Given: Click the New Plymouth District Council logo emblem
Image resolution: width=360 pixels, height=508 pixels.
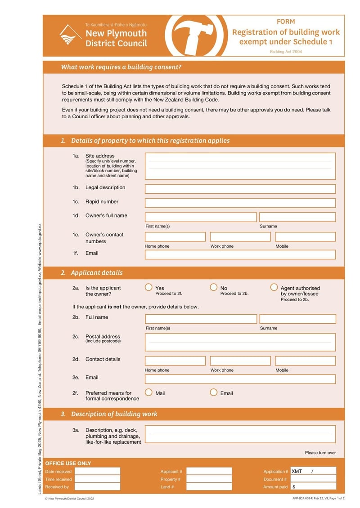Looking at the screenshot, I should pyautogui.click(x=70, y=35).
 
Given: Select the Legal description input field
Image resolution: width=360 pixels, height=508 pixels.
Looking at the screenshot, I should pyautogui.click(x=240, y=189).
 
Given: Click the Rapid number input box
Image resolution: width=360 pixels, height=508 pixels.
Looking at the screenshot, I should pyautogui.click(x=240, y=203).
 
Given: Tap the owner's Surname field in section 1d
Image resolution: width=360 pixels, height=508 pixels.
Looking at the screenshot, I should pyautogui.click(x=297, y=217).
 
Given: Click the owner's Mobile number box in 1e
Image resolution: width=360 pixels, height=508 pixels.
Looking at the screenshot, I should pyautogui.click(x=305, y=237).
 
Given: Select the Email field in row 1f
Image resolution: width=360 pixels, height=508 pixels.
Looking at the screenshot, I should pyautogui.click(x=240, y=254).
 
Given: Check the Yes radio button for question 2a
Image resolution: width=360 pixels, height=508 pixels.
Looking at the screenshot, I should pyautogui.click(x=148, y=287).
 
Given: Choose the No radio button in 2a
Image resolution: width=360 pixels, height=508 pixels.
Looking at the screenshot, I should pyautogui.click(x=214, y=287).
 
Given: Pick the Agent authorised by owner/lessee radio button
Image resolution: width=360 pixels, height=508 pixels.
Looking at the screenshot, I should pyautogui.click(x=274, y=287).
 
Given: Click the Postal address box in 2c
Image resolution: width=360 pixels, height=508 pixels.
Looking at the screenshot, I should pyautogui.click(x=240, y=342).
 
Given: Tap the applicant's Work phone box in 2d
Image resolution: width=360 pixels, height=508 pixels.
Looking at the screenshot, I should pyautogui.click(x=240, y=361).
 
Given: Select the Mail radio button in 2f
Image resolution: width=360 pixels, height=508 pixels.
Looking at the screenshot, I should pyautogui.click(x=148, y=392).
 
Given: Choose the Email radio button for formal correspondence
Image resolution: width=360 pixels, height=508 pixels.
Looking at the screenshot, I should pyautogui.click(x=214, y=392).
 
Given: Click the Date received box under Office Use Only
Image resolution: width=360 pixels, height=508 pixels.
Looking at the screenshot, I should pyautogui.click(x=97, y=471).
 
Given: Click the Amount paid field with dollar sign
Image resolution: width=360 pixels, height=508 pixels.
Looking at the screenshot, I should pyautogui.click(x=313, y=486).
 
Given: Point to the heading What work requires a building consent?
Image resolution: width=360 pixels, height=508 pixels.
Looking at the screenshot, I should pyautogui.click(x=121, y=67).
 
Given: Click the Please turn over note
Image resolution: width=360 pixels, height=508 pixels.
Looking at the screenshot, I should pyautogui.click(x=320, y=453).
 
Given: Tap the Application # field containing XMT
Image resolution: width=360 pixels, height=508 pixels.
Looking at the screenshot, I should pyautogui.click(x=313, y=471).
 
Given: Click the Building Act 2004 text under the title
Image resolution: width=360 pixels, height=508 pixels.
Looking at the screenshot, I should pyautogui.click(x=286, y=52).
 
